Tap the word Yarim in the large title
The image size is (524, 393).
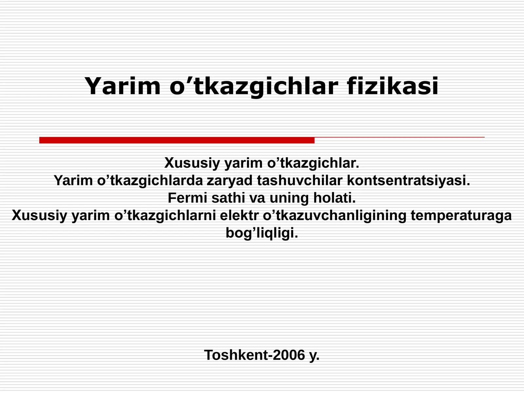coord(122,86)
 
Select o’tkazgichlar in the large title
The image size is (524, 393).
coord(254,86)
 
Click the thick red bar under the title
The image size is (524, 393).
coord(177,140)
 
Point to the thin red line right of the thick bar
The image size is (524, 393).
coord(400,137)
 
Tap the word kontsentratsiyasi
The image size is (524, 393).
coord(408,180)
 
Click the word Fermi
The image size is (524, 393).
coord(188,198)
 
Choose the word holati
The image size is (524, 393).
coord(334,198)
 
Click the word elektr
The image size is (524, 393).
coord(239,215)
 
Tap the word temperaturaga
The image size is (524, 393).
coord(461,215)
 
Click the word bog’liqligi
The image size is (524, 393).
coord(262,233)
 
